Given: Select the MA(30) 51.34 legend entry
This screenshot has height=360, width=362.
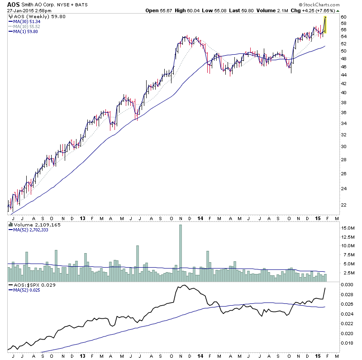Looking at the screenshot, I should click(x=28, y=22).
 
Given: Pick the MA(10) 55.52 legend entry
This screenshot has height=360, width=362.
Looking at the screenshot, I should click(x=28, y=27).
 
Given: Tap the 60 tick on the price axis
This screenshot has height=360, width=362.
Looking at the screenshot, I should click(x=344, y=17).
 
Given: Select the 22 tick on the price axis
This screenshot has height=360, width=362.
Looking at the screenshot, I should click(x=344, y=205).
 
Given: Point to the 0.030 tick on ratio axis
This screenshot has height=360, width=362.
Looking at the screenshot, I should click(x=347, y=284).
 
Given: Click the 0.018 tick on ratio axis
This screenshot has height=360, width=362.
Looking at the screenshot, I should click(x=347, y=343).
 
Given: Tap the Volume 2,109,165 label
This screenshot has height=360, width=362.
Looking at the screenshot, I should click(x=29, y=224).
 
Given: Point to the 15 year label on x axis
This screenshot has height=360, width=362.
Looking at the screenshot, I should click(x=318, y=217).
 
